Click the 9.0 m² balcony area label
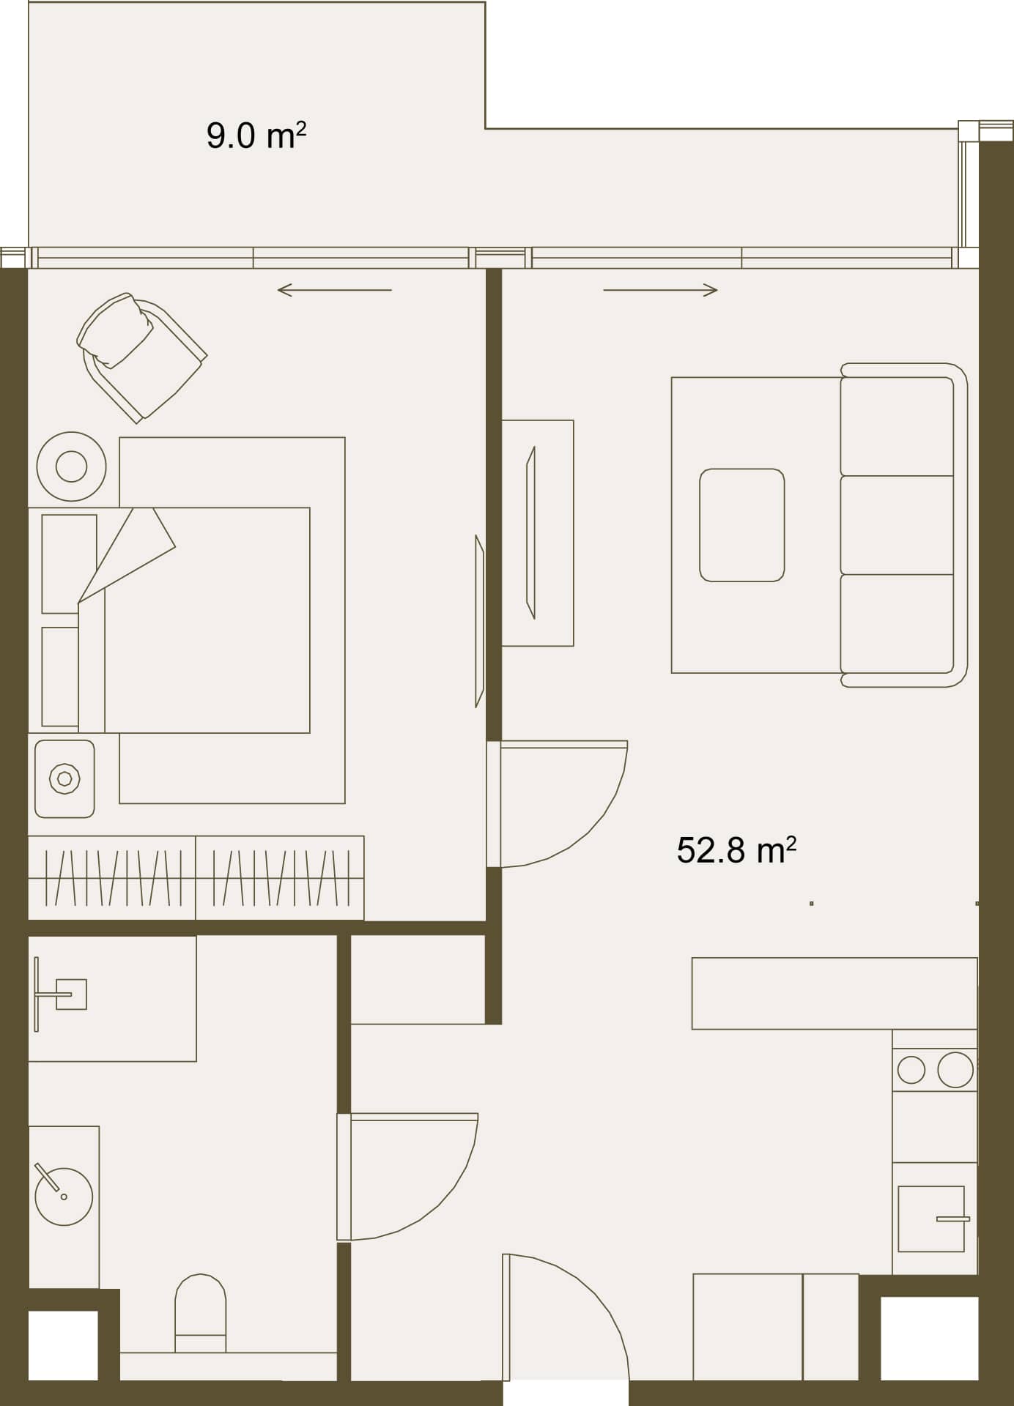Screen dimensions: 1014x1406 point(256,135)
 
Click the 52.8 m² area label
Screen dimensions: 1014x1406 point(736,849)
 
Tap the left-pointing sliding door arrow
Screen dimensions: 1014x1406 point(335,291)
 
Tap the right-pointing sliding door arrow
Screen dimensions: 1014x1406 point(660,291)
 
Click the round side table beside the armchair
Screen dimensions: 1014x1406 point(71,466)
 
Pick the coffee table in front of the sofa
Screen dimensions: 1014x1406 point(741,525)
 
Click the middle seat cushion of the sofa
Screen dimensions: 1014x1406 point(897,525)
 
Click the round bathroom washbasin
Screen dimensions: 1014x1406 point(64,1196)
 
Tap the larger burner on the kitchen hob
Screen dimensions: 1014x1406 point(955,1070)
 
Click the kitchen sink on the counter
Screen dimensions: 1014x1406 point(931,1219)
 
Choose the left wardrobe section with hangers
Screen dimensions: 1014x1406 point(112,878)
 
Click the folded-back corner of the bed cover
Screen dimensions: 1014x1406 point(127,555)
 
